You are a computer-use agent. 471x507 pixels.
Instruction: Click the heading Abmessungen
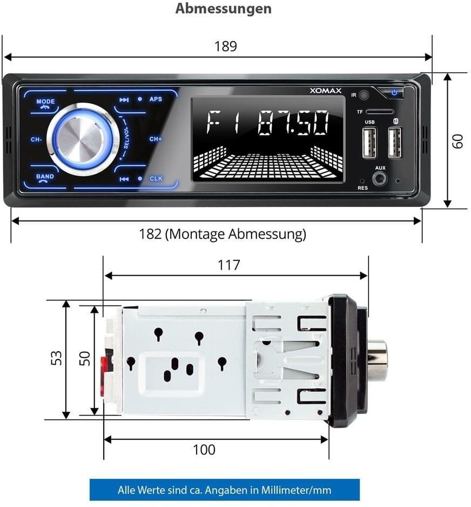(x=223, y=9)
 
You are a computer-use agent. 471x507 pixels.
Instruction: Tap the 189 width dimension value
(x=225, y=46)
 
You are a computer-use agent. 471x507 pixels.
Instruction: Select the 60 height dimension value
(x=458, y=142)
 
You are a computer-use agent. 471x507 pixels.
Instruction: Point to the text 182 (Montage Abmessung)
(x=222, y=234)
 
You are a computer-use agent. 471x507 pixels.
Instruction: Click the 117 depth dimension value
(x=228, y=265)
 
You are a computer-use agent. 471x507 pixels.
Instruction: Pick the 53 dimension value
(x=56, y=358)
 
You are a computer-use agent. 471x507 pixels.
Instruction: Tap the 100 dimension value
(x=204, y=449)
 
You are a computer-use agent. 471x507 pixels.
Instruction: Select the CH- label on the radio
(x=36, y=139)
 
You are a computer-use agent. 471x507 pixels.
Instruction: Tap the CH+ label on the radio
(x=156, y=139)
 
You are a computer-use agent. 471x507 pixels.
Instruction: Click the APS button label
(x=156, y=99)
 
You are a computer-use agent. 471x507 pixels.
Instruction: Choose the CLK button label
(x=156, y=178)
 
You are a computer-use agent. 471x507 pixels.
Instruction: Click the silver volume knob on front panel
(x=83, y=138)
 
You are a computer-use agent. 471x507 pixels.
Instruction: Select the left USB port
(x=369, y=144)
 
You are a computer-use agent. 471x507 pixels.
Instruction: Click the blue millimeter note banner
(x=224, y=490)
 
